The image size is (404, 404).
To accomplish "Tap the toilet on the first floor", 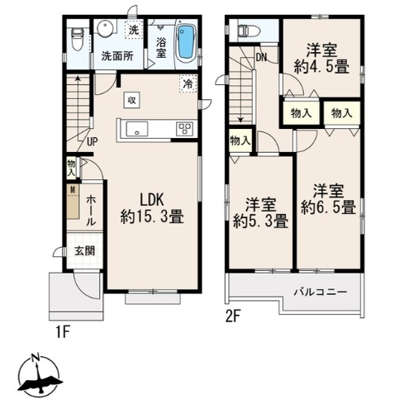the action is [77, 40].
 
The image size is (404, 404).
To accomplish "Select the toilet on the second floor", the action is [248, 31].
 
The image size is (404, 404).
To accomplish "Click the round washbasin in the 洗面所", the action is [105, 29].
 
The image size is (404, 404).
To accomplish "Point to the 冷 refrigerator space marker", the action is [188, 83].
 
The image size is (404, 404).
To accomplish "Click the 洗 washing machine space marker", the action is [134, 30].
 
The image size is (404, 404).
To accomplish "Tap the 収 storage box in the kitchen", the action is [132, 100].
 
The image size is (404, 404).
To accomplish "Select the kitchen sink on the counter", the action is [137, 129].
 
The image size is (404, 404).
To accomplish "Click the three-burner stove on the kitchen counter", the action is [185, 129].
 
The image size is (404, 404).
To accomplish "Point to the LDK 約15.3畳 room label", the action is [152, 207].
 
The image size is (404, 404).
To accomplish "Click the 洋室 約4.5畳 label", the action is [322, 59].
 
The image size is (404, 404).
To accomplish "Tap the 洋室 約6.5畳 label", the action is [329, 199].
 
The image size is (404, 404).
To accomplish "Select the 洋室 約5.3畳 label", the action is [260, 213].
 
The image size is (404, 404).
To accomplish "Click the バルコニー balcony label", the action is [321, 292].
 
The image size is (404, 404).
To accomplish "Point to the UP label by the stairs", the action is [93, 141].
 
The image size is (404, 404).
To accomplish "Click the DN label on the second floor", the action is [261, 57].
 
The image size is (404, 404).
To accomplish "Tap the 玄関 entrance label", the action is [85, 251].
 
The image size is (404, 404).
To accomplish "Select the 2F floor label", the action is [234, 317].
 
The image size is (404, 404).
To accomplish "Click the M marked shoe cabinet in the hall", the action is [73, 202].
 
